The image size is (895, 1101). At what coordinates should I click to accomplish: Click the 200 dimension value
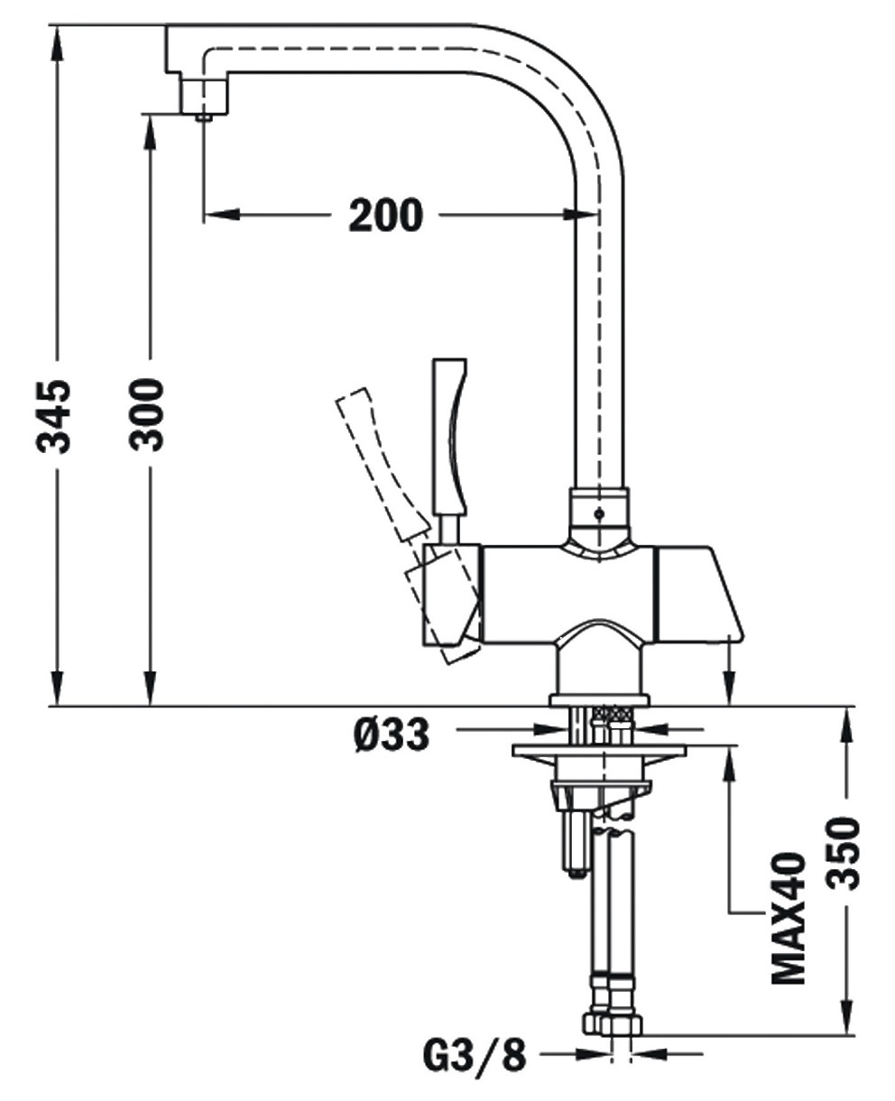[x=385, y=215]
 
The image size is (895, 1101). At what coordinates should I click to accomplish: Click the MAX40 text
[x=788, y=916]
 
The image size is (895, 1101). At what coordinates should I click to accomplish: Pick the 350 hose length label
[x=844, y=854]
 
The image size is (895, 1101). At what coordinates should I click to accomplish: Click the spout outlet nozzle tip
[x=204, y=115]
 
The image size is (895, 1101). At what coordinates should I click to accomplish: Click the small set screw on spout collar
[x=598, y=513]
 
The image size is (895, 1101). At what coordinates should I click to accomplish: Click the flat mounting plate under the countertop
[x=598, y=750]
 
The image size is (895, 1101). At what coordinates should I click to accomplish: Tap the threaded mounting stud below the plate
[x=575, y=839]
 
